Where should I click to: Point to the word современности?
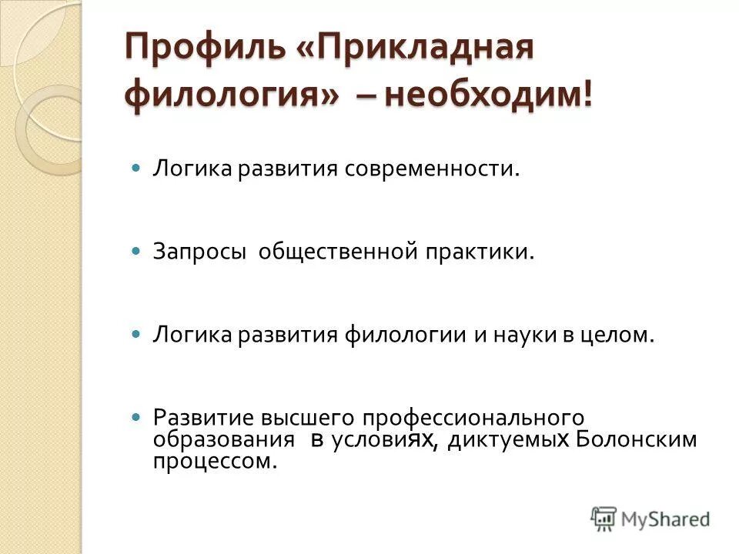pos(433,168)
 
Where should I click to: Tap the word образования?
pos(224,439)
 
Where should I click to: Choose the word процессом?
pos(214,462)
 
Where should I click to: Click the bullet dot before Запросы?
pos(136,252)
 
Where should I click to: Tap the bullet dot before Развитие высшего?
pos(136,416)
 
